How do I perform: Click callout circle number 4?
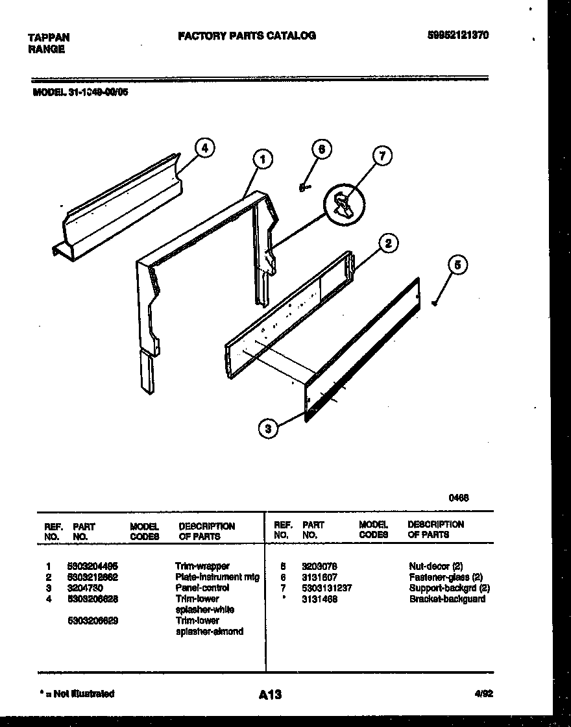pos(204,148)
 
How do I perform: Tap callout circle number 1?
pos(262,159)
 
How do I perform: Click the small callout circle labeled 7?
pos(383,156)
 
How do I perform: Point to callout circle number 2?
pos(387,244)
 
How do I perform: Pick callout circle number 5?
pos(457,265)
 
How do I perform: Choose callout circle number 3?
pos(267,428)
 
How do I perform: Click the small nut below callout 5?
pos(434,302)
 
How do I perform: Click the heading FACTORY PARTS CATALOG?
pos(247,36)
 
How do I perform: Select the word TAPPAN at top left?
pos(49,38)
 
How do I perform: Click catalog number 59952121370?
pos(458,36)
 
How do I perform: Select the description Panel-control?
pos(202,587)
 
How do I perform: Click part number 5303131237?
pos(327,588)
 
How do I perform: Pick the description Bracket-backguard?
pos(447,598)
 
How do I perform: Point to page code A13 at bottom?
pos(270,695)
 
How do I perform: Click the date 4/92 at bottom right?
pos(483,693)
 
